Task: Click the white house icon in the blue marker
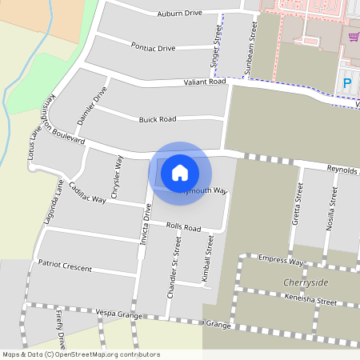pyautogui.click(x=180, y=172)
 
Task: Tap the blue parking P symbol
pyautogui.click(x=347, y=83)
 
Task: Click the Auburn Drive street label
pyautogui.click(x=180, y=14)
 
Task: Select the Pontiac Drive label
pyautogui.click(x=153, y=48)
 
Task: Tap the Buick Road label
pyautogui.click(x=157, y=119)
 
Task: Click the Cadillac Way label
pyautogui.click(x=87, y=193)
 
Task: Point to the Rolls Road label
pyautogui.click(x=183, y=228)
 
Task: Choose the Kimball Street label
pyautogui.click(x=210, y=256)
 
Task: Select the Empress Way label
pyautogui.click(x=281, y=261)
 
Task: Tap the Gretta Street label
pyautogui.click(x=298, y=203)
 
